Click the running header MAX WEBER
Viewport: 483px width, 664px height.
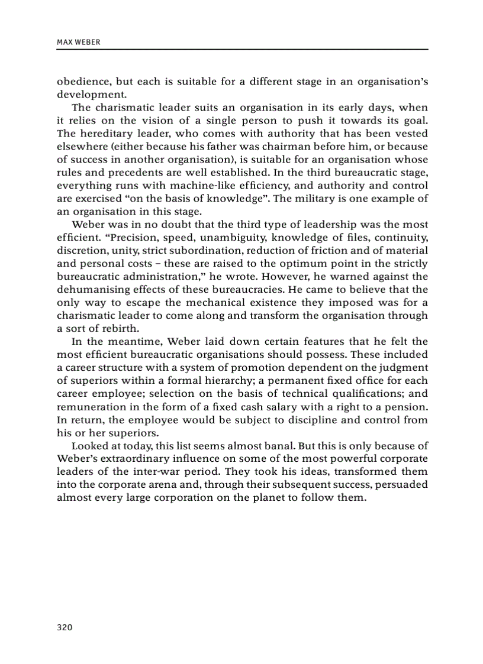(77, 42)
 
